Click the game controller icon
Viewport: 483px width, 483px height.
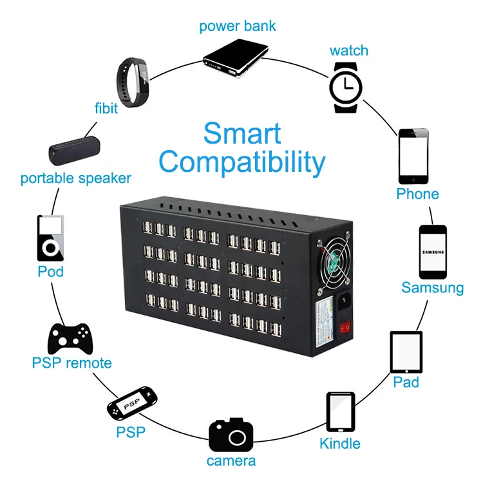point(71,337)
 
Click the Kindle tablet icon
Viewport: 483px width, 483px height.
point(340,412)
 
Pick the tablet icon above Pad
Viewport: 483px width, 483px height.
point(406,352)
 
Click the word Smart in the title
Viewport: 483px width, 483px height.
point(242,133)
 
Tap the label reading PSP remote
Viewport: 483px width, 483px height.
point(71,363)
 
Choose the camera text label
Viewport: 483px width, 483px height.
point(231,461)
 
